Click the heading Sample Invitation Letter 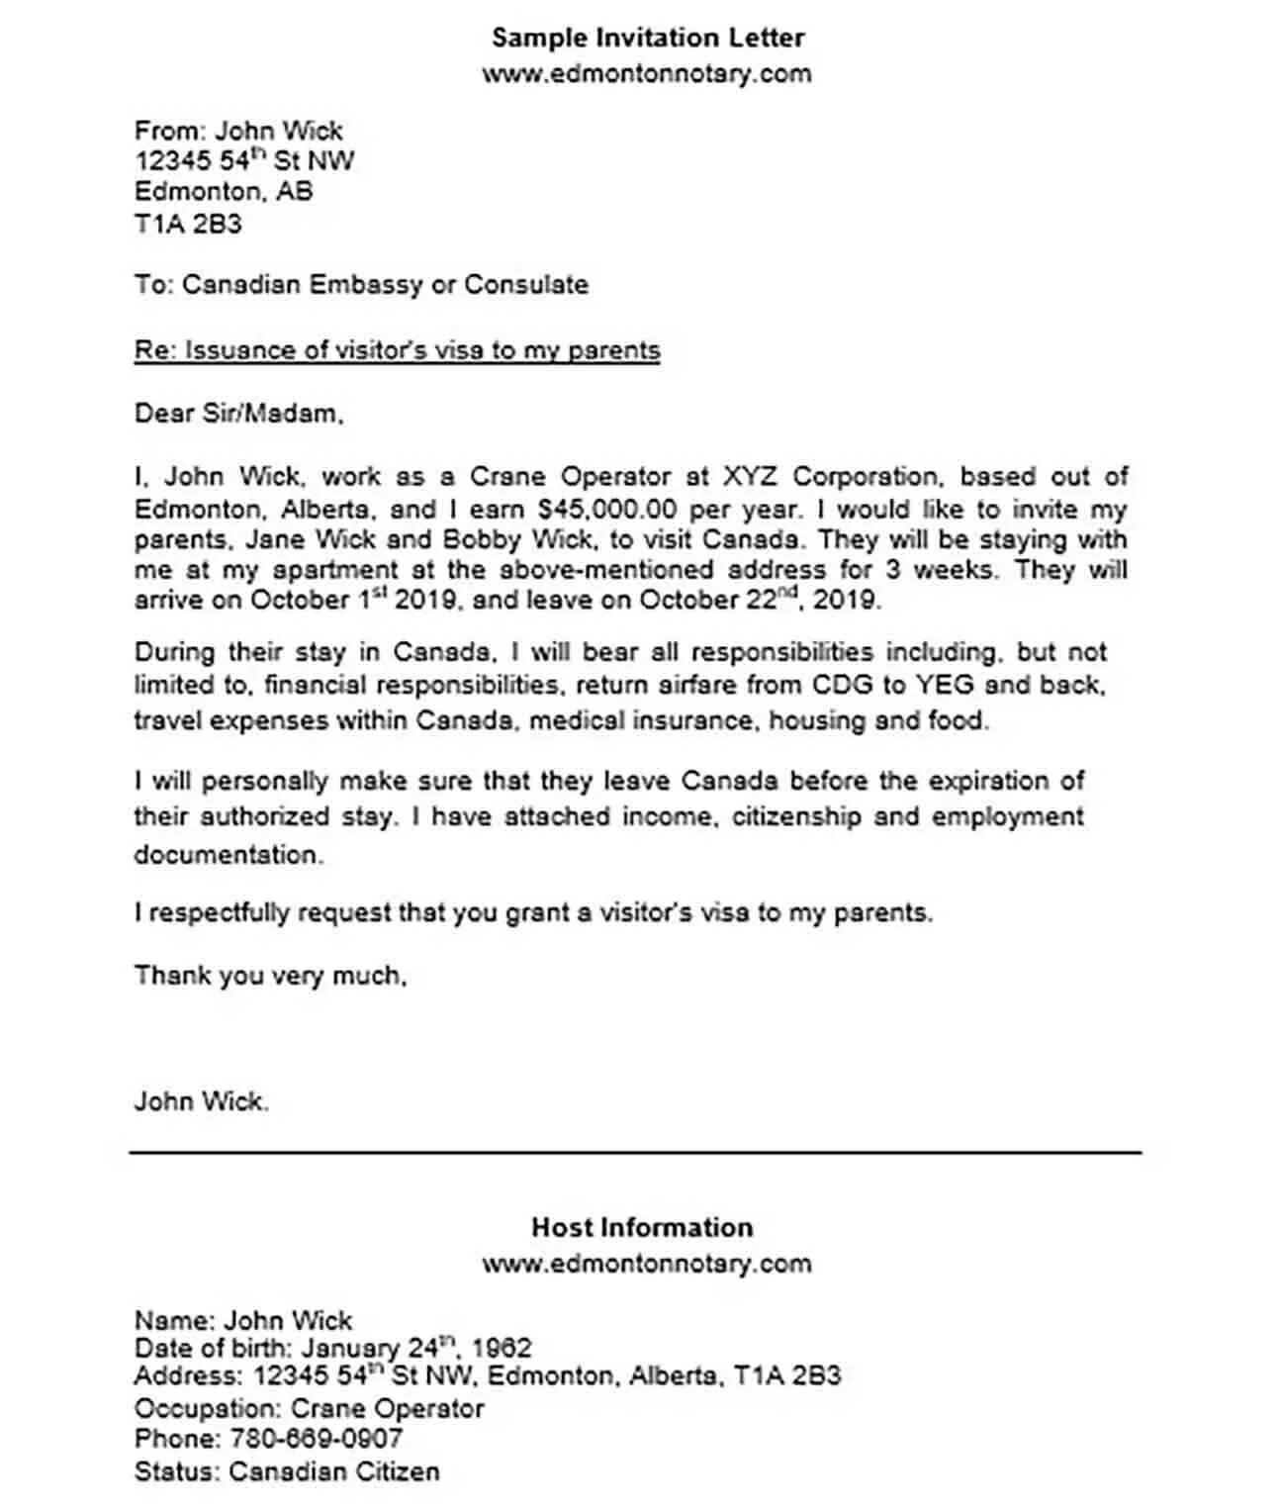pyautogui.click(x=648, y=38)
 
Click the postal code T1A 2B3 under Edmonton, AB pyautogui.click(x=188, y=224)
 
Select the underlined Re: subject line pyautogui.click(x=397, y=350)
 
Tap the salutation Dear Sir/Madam pyautogui.click(x=238, y=414)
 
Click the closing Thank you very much pyautogui.click(x=270, y=976)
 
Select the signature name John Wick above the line pyautogui.click(x=201, y=1101)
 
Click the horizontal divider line pyautogui.click(x=635, y=1152)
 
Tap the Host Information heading pyautogui.click(x=642, y=1227)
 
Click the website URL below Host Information pyautogui.click(x=646, y=1264)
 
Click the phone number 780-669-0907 pyautogui.click(x=317, y=1439)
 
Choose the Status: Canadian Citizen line pyautogui.click(x=287, y=1471)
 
